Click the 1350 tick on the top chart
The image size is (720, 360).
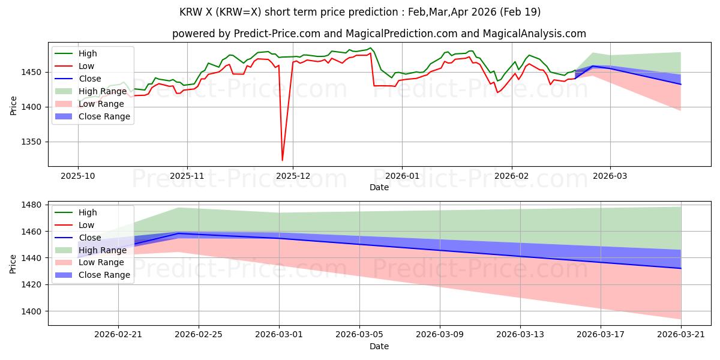pos(31,142)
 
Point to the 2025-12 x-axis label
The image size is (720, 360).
pos(293,176)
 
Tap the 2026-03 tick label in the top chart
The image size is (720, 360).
pos(610,176)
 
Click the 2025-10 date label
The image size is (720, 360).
pos(78,176)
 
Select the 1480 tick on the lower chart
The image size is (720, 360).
pos(31,205)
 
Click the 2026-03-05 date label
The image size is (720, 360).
pos(359,335)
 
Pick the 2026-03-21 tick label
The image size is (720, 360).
pos(681,335)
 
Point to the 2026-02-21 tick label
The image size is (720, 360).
pos(118,335)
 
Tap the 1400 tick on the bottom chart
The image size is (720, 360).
pos(31,311)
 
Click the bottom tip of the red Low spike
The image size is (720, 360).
pos(282,160)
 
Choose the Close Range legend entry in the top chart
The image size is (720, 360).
pos(92,116)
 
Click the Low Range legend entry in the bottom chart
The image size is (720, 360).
pos(89,262)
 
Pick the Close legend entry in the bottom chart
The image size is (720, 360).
pos(78,238)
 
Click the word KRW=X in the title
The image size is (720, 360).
pos(238,12)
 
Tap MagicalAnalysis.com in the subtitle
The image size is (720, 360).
pos(534,34)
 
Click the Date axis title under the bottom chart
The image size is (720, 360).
pos(379,346)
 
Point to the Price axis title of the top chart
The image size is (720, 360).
pos(13,106)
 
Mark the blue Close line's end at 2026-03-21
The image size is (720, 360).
pos(681,268)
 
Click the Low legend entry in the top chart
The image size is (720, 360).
pos(74,66)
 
